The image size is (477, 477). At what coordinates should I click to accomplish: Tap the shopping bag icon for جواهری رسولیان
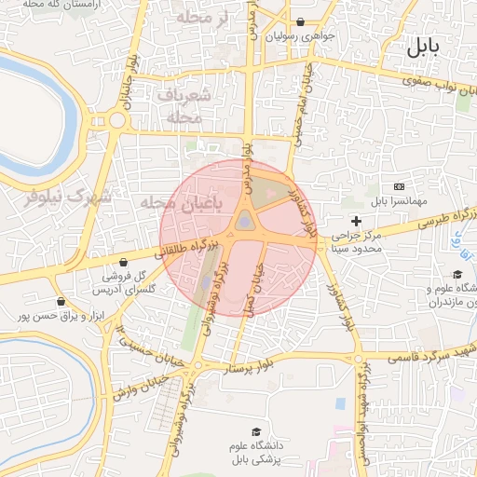[x=300, y=21]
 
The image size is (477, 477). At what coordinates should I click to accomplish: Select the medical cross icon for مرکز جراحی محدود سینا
[x=356, y=221]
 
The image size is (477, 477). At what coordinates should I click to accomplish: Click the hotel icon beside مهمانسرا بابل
[x=399, y=187]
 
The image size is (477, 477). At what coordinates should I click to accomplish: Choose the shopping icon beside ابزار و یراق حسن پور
[x=61, y=301]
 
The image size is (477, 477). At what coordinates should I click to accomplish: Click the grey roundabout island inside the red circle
[x=244, y=221]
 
